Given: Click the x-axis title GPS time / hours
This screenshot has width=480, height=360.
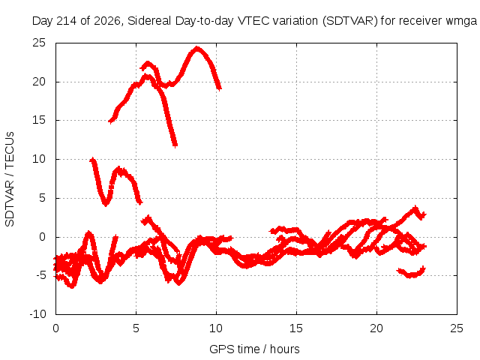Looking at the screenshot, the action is pos(254,349).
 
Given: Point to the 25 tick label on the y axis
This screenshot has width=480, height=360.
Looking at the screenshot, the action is pos(39,43).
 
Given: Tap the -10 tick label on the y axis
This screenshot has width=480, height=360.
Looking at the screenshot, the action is pos(37,314).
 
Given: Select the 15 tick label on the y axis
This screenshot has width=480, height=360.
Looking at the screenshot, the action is pos(39,120).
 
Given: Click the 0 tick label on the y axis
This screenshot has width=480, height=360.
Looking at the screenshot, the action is pos(42,237).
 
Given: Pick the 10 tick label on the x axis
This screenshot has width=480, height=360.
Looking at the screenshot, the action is pos(216,328).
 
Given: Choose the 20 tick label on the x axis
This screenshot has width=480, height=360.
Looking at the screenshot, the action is pos(376,328).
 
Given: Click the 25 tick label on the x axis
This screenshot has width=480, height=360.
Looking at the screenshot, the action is pos(457,328).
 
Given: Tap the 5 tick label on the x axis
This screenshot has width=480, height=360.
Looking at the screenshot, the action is pos(136,328).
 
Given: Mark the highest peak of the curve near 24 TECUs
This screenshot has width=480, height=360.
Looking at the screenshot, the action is pos(197,48).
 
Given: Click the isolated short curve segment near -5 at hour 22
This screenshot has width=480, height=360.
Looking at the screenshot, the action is pos(411,272).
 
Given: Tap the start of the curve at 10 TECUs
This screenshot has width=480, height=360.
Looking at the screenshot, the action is pos(91,160).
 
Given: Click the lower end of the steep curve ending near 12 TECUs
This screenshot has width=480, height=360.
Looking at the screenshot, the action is pos(175,145).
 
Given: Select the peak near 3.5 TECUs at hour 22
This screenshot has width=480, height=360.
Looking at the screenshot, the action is pos(415,208).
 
